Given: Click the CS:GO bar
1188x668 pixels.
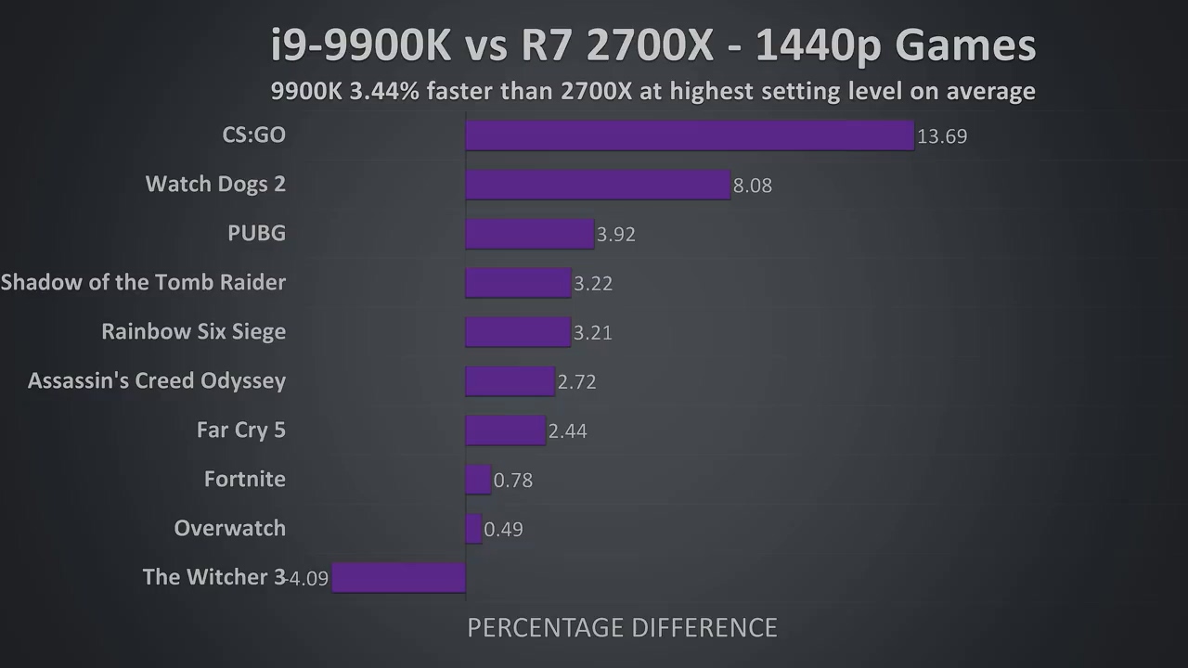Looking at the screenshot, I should [x=689, y=135].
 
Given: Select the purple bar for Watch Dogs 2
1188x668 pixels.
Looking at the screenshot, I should [x=597, y=185].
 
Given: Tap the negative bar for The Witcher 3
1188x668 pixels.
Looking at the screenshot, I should [x=398, y=577].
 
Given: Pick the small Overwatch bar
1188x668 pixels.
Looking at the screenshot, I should [x=473, y=529].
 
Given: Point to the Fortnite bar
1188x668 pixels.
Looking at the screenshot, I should [x=477, y=480].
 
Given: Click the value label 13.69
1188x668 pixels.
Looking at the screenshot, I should [x=941, y=136].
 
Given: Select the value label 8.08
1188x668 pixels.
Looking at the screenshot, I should [x=752, y=186].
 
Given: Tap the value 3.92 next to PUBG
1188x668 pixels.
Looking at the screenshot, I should [x=615, y=235].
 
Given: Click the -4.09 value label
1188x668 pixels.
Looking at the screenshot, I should [x=307, y=579].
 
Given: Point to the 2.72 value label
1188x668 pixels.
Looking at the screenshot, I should [x=576, y=382].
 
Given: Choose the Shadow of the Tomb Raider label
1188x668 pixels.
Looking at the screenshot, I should [x=143, y=282].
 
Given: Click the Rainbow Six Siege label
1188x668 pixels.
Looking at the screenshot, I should [x=193, y=331].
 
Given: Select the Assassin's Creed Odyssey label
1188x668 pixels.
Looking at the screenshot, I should [x=157, y=380].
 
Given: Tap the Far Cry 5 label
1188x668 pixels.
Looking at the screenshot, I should [x=240, y=430].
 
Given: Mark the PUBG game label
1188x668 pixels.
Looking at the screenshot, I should [x=256, y=233].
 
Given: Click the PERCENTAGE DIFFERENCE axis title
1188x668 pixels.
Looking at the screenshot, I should [x=622, y=628].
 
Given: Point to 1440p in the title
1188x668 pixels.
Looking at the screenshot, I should [x=817, y=45].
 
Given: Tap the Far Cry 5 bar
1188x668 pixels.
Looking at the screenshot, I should [x=505, y=430].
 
